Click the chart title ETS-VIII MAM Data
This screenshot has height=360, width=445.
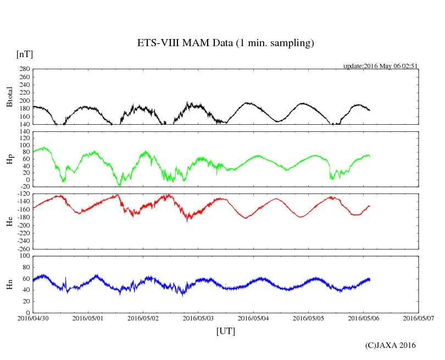tap(225, 43)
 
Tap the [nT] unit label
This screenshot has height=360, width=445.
tap(25, 54)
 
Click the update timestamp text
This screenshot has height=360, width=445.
tap(381, 66)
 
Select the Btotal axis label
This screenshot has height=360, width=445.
tap(9, 96)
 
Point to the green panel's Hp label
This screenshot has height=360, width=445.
tap(9, 159)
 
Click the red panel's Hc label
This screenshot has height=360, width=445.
tap(9, 221)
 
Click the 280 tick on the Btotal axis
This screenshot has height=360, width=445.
tap(24, 69)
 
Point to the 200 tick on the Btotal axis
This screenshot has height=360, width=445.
tap(24, 101)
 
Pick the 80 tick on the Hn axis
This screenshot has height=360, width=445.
tap(25, 267)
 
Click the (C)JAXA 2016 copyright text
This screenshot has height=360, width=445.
tap(391, 345)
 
